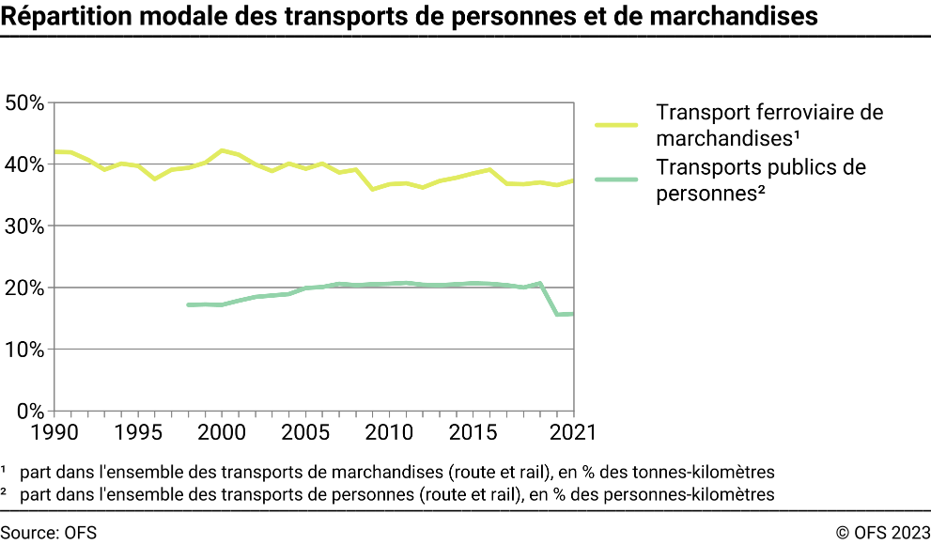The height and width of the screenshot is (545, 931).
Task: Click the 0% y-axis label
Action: coord(28,411)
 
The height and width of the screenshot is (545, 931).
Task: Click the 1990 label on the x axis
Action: coord(54,430)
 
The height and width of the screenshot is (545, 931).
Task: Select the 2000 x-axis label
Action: coord(222,430)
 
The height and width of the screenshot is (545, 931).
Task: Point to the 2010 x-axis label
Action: coord(389,430)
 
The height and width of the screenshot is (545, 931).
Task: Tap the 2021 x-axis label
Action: coord(571,430)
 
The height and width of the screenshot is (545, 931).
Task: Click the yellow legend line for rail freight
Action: coord(616,124)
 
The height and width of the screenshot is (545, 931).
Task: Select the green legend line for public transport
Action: coord(616,179)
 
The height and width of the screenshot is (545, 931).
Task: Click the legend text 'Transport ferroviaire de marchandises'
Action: coord(768,126)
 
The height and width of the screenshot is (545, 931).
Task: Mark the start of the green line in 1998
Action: coord(189,304)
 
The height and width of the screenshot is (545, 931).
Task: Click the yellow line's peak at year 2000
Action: coord(222,150)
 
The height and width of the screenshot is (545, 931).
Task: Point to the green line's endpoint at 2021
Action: coord(573,314)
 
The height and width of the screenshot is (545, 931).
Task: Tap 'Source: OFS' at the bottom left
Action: coord(49,533)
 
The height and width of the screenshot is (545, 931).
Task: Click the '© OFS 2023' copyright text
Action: coord(881,533)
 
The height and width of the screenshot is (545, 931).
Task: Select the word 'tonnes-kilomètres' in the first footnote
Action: coord(712,471)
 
